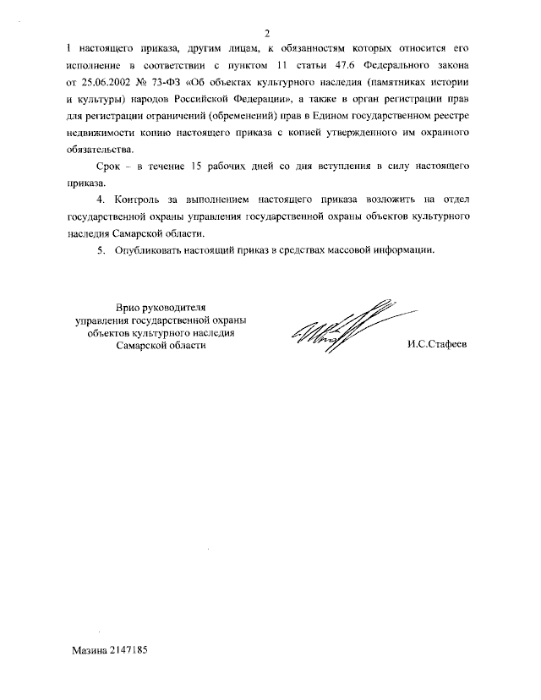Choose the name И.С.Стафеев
pyautogui.click(x=436, y=345)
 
